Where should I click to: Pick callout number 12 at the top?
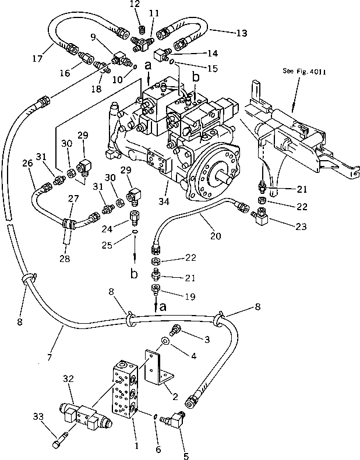(135, 5)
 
